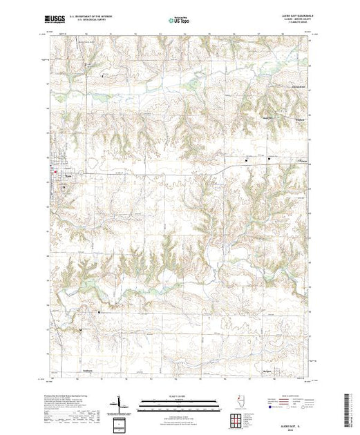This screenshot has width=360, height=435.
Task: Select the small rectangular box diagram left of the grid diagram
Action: [x=122, y=423]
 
